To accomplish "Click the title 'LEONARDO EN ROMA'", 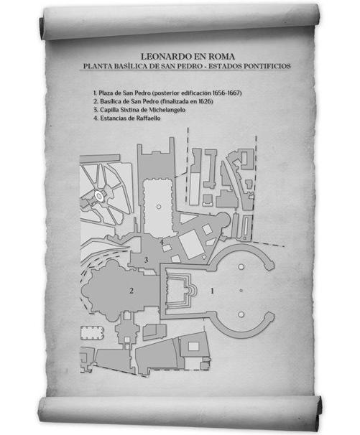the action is tap(188, 57).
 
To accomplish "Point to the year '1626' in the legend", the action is tap(206, 101).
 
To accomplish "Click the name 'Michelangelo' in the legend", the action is tap(167, 110).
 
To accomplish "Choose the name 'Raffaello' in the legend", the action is tap(148, 118).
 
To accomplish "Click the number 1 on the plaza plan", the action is tap(213, 291).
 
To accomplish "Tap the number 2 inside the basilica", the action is tap(131, 291).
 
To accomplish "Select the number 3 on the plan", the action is tap(146, 260).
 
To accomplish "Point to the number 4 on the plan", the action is tap(162, 242).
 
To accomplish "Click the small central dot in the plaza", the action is tap(241, 291).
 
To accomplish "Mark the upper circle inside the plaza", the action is tap(241, 267).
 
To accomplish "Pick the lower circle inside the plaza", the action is tap(241, 314).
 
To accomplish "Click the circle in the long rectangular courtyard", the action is tap(159, 207).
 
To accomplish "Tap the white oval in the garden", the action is tap(99, 195).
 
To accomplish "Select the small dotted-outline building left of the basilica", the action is tap(93, 333).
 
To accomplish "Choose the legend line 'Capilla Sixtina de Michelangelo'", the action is tap(139, 110).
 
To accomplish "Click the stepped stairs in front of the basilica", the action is tap(180, 291).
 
